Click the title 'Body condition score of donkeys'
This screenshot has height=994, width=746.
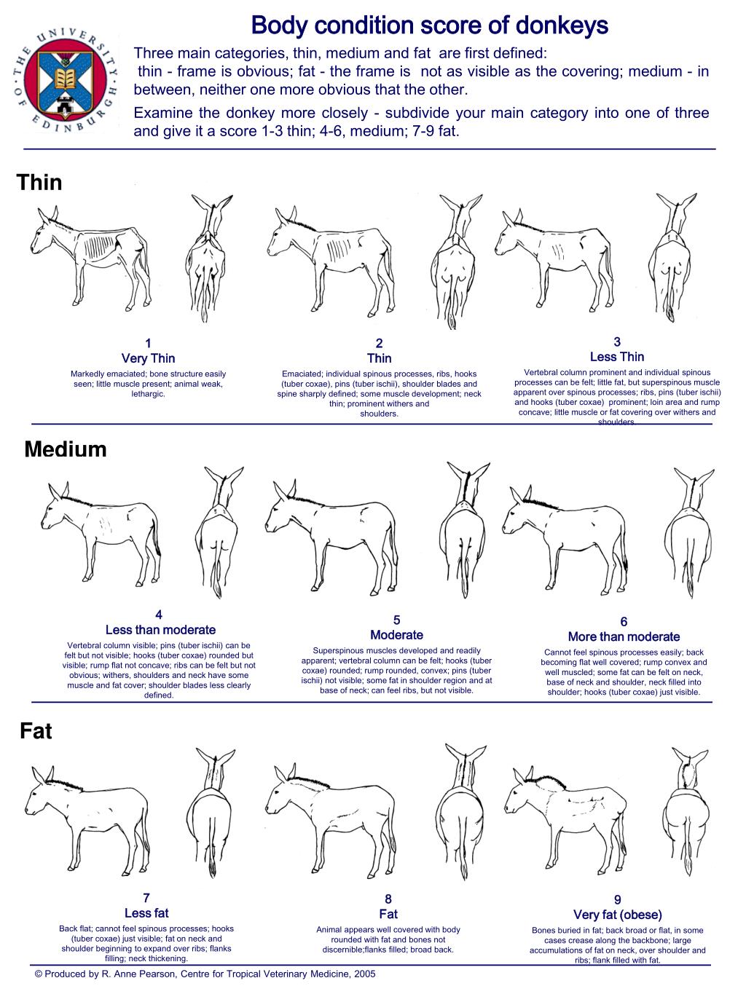point(429,27)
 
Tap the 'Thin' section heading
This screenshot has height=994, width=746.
point(39,182)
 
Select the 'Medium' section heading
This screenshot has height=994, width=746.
point(66,449)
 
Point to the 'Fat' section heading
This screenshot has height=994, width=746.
point(36,730)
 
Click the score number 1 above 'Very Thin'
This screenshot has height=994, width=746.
point(148,343)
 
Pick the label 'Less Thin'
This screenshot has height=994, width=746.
point(616,357)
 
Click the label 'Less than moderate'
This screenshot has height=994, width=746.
point(160,630)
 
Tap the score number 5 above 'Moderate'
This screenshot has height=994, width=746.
point(396,620)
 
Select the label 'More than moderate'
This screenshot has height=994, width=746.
point(624,636)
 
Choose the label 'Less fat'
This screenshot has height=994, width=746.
point(146,913)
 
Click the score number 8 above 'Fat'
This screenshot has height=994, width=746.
point(388,899)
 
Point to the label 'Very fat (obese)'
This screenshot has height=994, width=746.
point(618,915)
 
